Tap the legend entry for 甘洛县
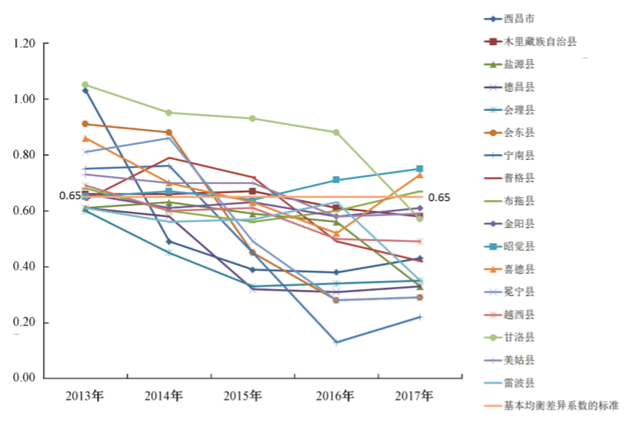coord(523,337)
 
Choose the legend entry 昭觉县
coord(523,246)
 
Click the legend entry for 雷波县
coord(523,383)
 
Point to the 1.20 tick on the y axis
coord(24,44)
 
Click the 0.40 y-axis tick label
coord(24,267)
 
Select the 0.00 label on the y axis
coord(24,378)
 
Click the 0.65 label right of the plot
coord(438,197)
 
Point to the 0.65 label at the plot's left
coord(70,196)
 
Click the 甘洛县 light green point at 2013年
coord(85,85)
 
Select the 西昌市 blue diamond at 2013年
coord(85,91)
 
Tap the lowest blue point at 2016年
coord(336,342)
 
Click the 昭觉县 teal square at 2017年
coord(420,169)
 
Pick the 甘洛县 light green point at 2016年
coord(336,132)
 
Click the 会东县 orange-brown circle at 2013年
coord(85,124)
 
